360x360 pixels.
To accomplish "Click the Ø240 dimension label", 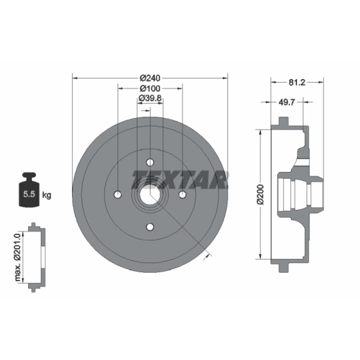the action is point(150,78).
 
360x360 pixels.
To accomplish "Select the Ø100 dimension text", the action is point(150,88).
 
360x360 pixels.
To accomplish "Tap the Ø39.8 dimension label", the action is point(150,98).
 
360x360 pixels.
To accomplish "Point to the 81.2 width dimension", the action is point(297,82).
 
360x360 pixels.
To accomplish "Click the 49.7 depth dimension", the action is point(286,102).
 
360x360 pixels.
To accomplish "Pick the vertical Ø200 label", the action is point(261,194).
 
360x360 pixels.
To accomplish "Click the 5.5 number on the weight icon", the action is point(29,194).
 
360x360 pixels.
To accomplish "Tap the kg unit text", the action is point(47,195).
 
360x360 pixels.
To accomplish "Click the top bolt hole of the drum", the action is point(150,162).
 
